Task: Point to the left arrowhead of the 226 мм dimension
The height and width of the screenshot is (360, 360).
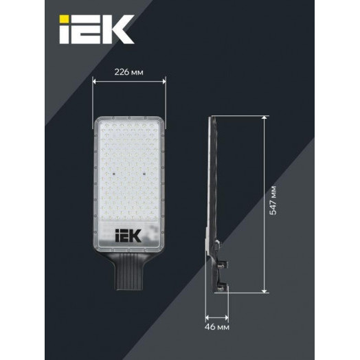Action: (93, 81)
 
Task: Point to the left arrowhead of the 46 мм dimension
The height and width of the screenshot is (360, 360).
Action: (207, 317)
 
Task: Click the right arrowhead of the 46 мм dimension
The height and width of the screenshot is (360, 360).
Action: (223, 317)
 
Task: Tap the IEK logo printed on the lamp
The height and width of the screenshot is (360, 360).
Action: (128, 236)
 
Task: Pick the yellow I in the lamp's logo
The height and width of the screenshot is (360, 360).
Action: (118, 236)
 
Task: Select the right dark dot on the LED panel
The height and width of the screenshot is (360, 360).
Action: (142, 173)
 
